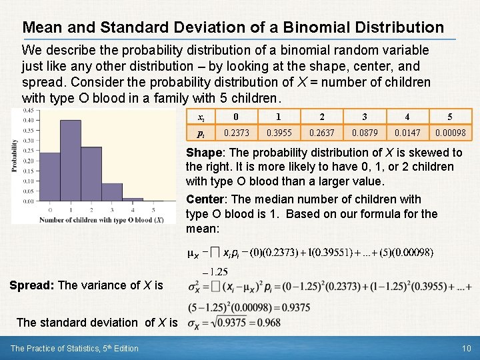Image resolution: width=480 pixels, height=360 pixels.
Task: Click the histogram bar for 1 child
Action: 70,160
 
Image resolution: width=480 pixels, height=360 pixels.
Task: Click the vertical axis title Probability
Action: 15,155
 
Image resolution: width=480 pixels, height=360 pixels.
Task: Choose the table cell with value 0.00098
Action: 450,133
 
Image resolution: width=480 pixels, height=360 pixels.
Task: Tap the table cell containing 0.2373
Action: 237,133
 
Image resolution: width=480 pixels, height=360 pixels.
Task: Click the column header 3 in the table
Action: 365,116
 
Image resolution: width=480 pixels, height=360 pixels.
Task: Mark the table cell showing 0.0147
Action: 407,133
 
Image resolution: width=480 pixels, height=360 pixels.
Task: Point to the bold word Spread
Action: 31,285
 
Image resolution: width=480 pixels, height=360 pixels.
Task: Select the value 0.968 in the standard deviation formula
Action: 269,323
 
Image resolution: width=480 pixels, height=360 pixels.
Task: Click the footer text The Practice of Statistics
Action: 61,348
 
